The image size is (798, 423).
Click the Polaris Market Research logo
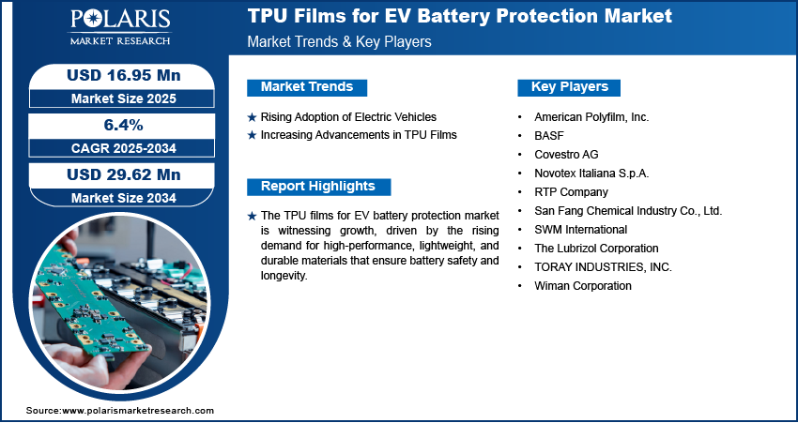120,27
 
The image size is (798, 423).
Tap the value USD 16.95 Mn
124,75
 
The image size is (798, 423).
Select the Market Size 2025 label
124,98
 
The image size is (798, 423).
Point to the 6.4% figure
124,125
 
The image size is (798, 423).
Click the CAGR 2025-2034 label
124,148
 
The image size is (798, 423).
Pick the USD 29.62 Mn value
124,174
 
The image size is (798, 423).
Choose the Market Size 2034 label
124,198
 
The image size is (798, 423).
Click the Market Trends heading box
307,87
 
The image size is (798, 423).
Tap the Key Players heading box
569,87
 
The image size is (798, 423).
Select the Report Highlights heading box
318,187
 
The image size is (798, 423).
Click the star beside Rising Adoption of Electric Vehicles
252,117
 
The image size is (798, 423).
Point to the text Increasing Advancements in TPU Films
359,135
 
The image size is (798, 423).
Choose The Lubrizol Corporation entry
596,249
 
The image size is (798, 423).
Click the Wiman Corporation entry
583,286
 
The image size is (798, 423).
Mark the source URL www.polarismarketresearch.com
138,411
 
